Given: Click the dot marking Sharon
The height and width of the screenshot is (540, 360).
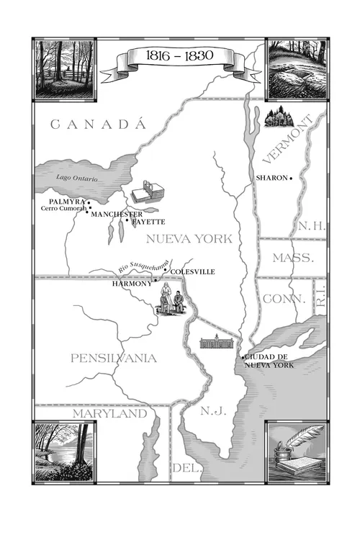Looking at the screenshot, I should (291, 178).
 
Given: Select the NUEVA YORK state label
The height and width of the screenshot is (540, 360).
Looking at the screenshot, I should (189, 238).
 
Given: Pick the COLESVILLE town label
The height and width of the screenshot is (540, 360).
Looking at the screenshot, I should (193, 271).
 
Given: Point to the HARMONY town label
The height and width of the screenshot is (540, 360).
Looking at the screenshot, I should (132, 284).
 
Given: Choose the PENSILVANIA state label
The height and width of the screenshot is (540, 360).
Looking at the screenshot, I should (114, 358).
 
